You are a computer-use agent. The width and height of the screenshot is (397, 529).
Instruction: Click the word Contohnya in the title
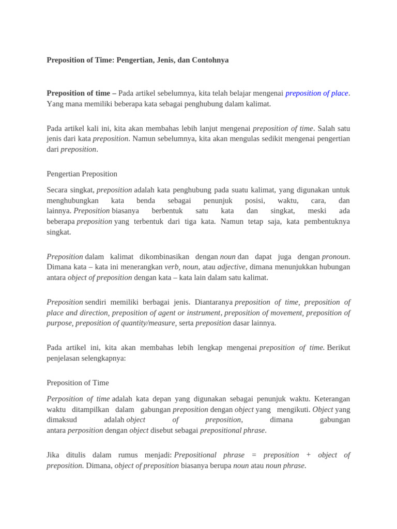click(210, 60)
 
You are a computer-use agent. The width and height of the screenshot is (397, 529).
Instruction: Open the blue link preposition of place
click(316, 93)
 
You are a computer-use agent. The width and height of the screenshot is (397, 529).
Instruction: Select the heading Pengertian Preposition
click(82, 174)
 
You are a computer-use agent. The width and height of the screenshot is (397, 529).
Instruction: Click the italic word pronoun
click(335, 256)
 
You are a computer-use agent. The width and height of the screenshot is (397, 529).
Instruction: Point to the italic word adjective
click(231, 267)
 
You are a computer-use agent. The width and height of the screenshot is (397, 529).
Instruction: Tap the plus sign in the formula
click(308, 455)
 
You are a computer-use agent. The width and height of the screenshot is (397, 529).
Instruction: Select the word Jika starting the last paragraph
click(54, 455)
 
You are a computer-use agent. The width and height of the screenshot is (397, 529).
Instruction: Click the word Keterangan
click(331, 399)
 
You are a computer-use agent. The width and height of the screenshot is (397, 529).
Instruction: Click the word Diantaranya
click(213, 302)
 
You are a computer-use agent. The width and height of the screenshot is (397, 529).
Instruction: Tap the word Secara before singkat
click(57, 190)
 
